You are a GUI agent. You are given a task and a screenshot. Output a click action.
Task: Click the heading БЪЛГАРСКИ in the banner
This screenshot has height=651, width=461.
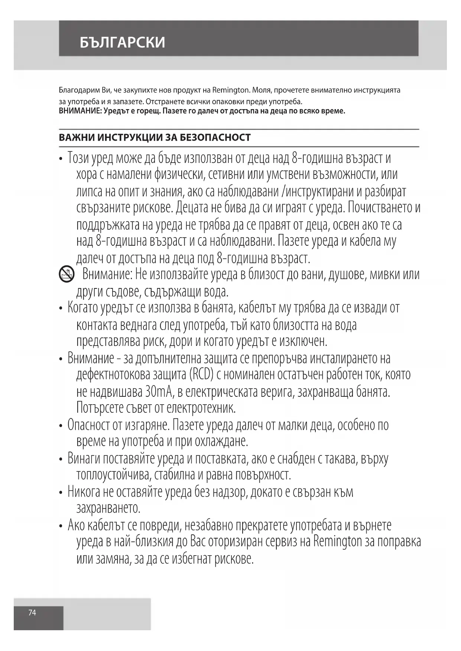pos(122,42)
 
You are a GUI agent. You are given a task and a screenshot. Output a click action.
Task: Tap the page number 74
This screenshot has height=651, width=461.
pos(32,612)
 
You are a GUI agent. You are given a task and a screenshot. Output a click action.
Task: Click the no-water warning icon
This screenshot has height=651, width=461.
pos(66,275)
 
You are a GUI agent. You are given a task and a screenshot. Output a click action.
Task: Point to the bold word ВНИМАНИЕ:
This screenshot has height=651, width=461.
pos(80,111)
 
